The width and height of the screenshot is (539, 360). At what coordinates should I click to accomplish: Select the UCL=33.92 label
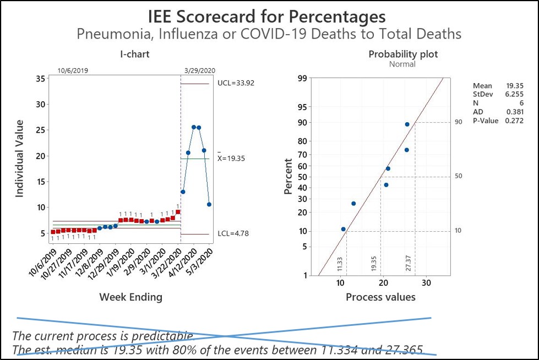click(x=236, y=83)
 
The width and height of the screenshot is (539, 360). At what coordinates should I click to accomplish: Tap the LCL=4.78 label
click(x=233, y=233)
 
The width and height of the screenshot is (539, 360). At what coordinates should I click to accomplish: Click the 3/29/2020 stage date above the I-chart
click(x=199, y=70)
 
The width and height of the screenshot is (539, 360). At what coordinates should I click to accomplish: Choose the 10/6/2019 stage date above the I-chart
click(x=73, y=70)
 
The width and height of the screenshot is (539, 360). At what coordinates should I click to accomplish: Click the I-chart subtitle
click(x=135, y=54)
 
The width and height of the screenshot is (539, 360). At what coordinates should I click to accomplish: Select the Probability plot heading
click(x=403, y=54)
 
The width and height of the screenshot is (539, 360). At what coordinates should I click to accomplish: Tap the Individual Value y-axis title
click(x=20, y=158)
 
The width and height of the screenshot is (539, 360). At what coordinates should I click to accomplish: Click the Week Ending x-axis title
click(x=130, y=297)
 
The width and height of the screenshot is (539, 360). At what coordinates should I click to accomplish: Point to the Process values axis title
click(x=380, y=297)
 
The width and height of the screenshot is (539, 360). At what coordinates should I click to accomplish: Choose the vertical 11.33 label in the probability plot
click(x=340, y=263)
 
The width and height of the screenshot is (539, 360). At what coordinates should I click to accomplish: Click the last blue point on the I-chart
click(x=209, y=204)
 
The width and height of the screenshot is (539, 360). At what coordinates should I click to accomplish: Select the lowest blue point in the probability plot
click(x=343, y=229)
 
